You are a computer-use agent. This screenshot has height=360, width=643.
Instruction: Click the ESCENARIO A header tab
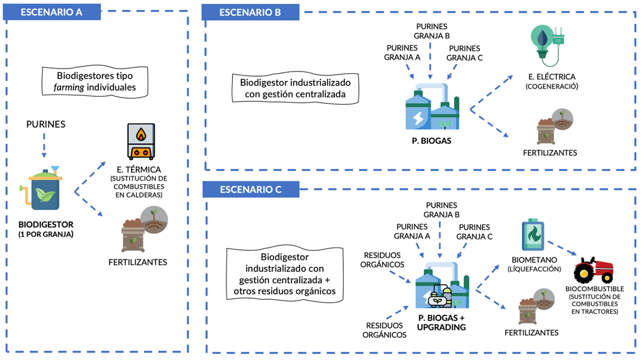coord(52,12)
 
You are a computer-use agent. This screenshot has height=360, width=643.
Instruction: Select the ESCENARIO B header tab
coord(250,12)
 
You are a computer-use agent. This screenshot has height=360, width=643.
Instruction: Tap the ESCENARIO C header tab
coord(250,189)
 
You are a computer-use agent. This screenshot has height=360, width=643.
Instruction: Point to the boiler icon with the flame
coord(141,141)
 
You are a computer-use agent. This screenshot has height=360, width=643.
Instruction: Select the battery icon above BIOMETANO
coord(533,236)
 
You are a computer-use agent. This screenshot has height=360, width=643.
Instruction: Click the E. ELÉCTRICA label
coord(551,77)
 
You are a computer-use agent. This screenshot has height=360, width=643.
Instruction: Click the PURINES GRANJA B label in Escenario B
coord(431,31)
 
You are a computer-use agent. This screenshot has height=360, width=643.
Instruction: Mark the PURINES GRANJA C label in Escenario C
coord(474,231)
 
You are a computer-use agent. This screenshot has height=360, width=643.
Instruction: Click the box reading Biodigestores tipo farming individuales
coord(95,81)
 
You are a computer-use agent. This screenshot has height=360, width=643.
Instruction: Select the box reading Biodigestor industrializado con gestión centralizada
coord(295,88)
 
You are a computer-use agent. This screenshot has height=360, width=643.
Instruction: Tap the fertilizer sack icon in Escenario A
coord(134,236)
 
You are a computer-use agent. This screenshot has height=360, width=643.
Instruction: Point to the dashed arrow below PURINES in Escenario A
coord(44,144)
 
